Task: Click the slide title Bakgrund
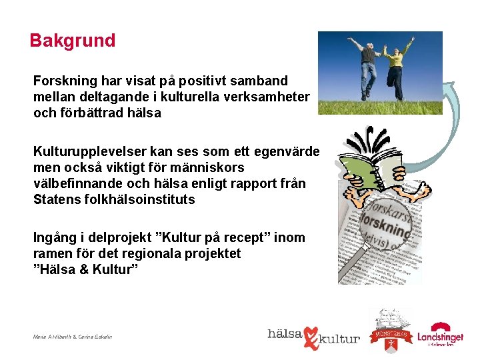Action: (73, 41)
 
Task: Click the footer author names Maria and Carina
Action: (72, 337)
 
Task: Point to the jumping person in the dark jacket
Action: (367, 63)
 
